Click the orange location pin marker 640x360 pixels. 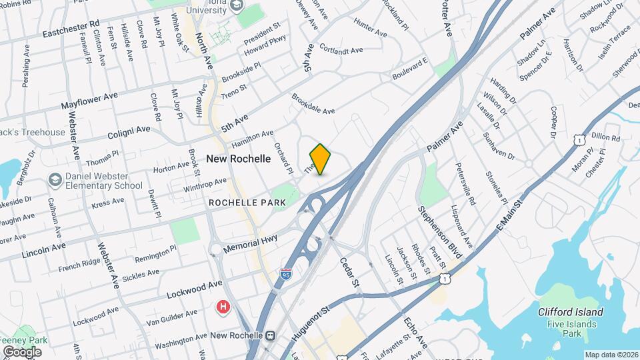coord(321,159)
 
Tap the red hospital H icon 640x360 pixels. coord(223,307)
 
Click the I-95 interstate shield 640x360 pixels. coord(286,273)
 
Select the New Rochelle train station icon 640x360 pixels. coord(270,335)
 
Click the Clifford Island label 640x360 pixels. coord(571,312)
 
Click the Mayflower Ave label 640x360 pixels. coord(89,101)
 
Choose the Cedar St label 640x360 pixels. coord(350,273)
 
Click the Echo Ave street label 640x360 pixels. coord(415,332)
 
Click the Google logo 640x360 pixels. coord(22,351)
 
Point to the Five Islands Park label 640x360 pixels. coord(571,327)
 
